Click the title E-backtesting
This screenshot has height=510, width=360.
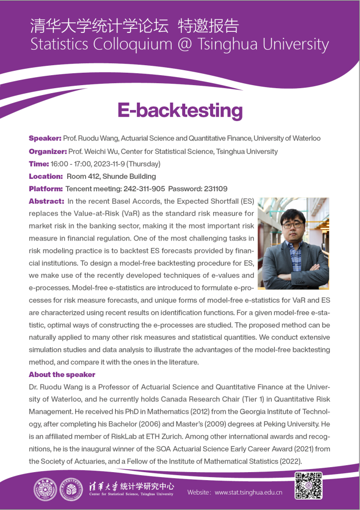pos(180,110)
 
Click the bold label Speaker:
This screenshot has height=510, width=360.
pos(45,138)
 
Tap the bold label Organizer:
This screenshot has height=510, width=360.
pos(48,151)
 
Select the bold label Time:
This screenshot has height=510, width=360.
pos(38,163)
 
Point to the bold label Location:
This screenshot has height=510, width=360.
pos(45,176)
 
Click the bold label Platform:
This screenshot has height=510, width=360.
pos(46,189)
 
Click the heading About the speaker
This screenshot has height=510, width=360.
pos(62,374)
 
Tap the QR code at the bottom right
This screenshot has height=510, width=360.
pos(309,485)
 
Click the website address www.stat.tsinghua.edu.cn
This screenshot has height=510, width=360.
pos(248,493)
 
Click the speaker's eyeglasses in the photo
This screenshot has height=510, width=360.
pos(294,225)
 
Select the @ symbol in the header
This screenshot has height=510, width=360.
pos(186,44)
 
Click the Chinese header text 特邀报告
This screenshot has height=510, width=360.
pos(209,25)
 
